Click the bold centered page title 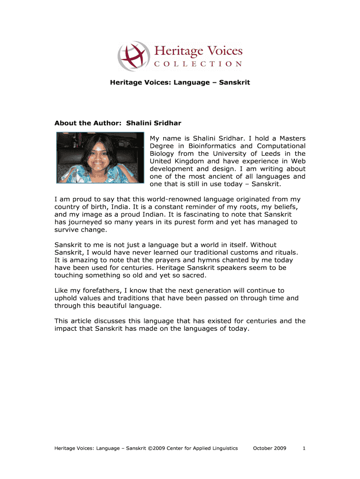(180, 82)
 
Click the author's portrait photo (100, 157)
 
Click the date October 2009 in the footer (269, 448)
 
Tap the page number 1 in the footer (304, 448)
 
